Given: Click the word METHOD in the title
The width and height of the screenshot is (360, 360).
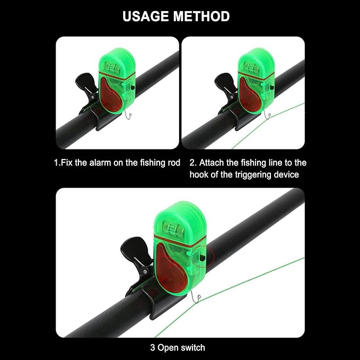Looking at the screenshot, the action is pos(201,16).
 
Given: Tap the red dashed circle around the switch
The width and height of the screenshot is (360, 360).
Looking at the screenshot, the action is pos(202,256).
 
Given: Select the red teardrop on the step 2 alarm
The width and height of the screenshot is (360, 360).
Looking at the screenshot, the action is pos(249,96).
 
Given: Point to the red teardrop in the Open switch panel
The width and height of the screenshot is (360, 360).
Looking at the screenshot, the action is pos(170,267).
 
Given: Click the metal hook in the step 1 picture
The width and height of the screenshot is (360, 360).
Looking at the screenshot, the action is pos(128,115).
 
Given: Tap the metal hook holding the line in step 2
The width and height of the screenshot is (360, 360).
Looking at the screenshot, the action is pos(267,116).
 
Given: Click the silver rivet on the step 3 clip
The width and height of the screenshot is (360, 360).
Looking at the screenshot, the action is pos(145,271).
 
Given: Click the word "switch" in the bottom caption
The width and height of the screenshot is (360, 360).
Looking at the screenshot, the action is pos(192,348).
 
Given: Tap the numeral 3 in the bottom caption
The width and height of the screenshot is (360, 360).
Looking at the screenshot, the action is pos(153,348).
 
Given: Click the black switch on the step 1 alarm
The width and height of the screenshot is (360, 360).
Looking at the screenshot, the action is pos(133,87).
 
